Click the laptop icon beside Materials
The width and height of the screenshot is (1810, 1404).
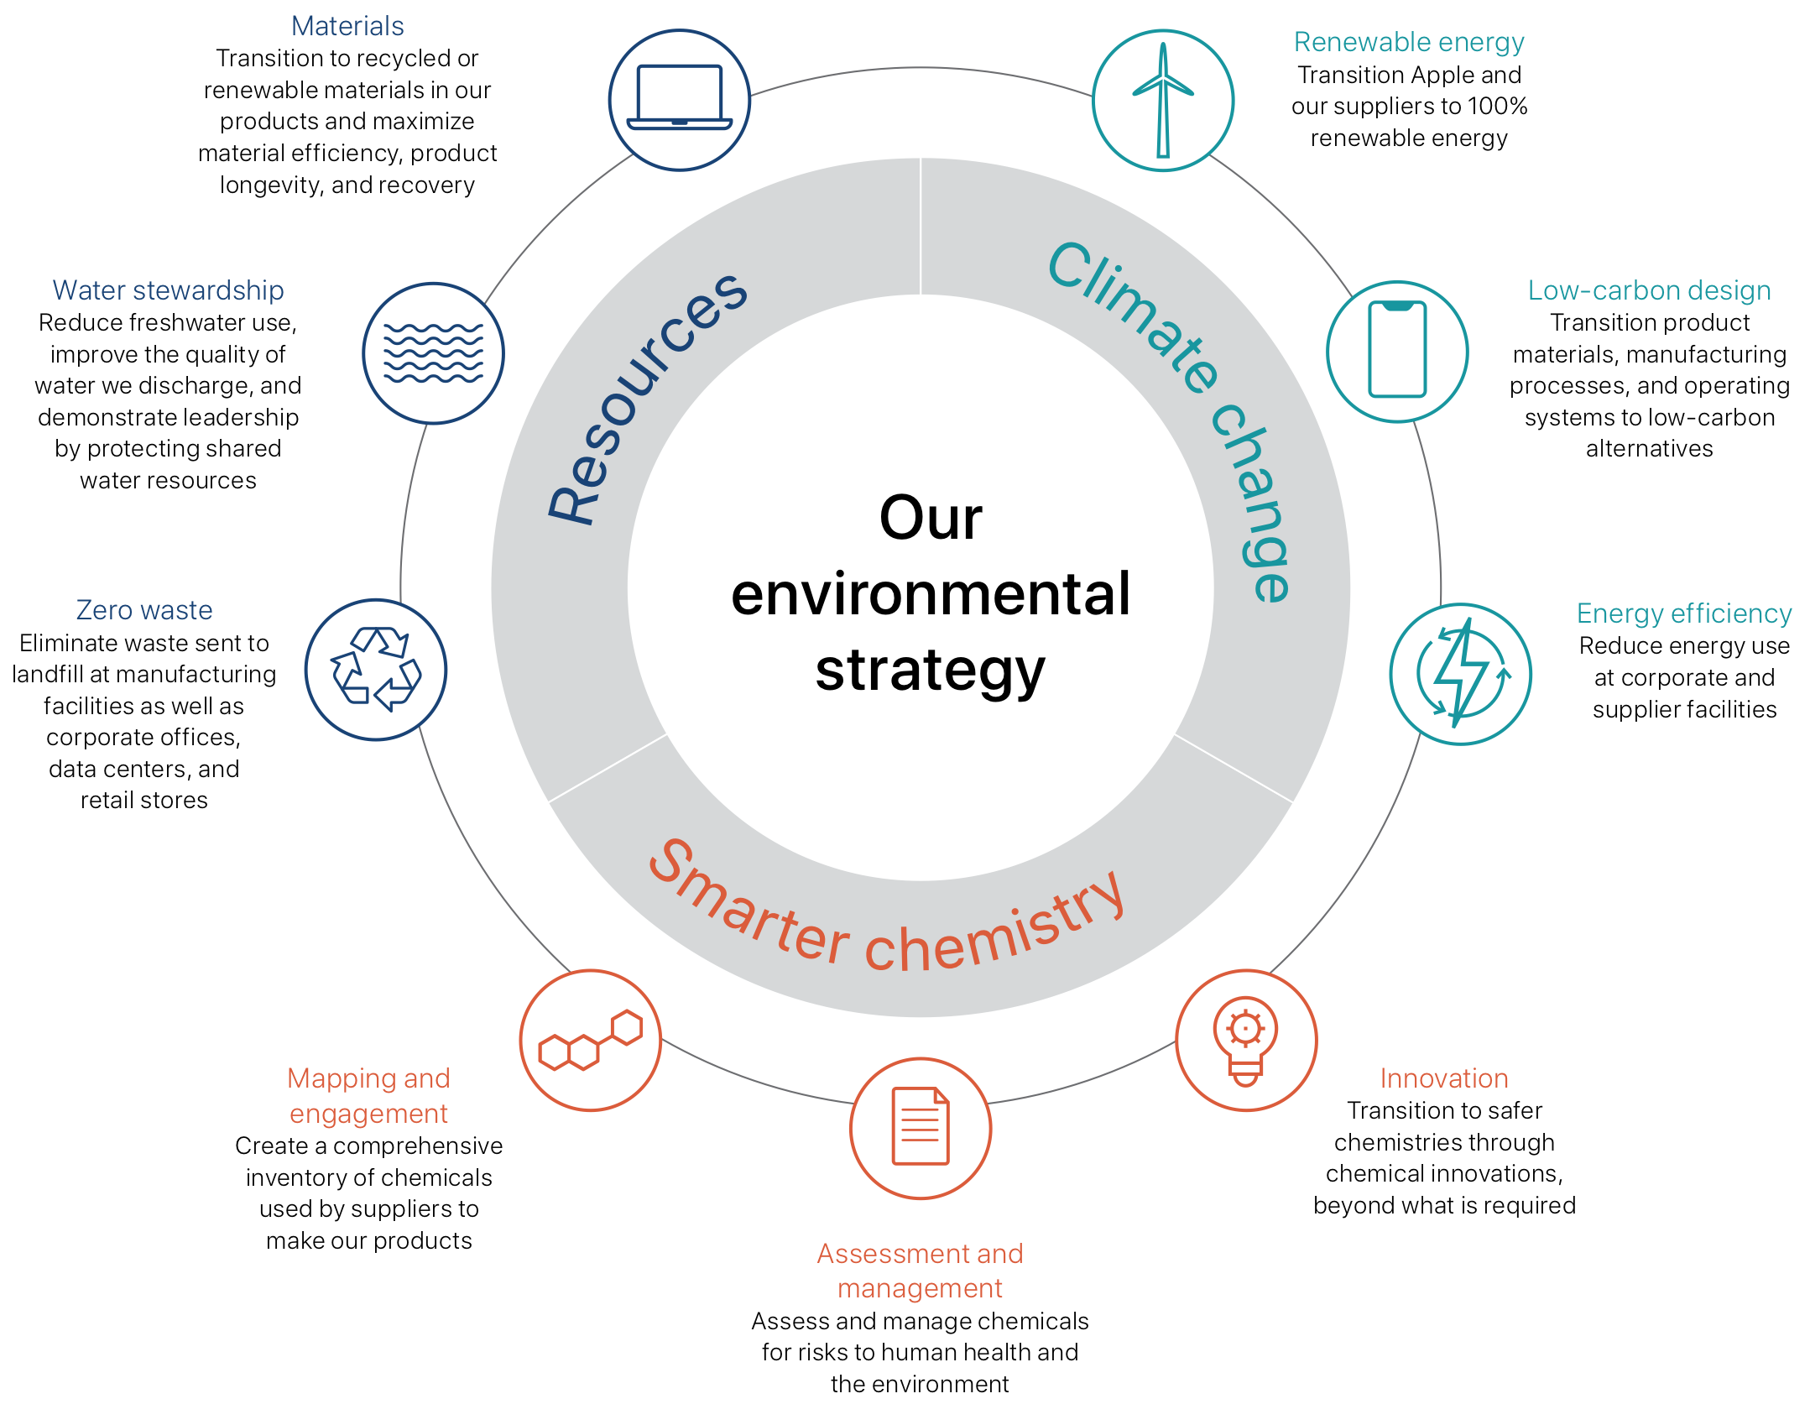[679, 100]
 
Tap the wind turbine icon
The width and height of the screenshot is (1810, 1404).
[1162, 100]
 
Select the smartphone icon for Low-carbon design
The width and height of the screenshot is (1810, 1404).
[1396, 351]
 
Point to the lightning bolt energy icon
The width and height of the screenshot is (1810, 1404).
[1460, 673]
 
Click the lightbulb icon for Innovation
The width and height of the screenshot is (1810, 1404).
[1245, 1040]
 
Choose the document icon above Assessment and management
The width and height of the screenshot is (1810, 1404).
[920, 1127]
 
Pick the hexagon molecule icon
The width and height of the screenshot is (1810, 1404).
[590, 1040]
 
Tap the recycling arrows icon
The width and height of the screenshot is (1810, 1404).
[375, 669]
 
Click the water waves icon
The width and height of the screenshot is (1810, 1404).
[433, 352]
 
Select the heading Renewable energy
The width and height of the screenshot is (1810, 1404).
[1408, 41]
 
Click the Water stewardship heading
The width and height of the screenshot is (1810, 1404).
[168, 290]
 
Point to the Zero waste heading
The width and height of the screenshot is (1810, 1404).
[143, 610]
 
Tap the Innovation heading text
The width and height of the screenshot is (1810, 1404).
[1443, 1078]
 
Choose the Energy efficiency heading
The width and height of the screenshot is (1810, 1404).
[1683, 613]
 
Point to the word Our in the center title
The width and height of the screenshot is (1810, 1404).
[930, 517]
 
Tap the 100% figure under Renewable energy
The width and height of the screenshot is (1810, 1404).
[1497, 106]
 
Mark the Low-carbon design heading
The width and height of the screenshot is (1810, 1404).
[1649, 290]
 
